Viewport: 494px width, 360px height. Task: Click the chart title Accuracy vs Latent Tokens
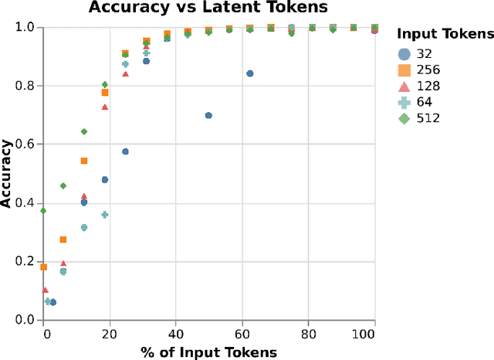tap(208, 8)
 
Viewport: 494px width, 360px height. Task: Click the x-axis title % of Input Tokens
tap(208, 352)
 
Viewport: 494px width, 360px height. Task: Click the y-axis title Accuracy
tap(7, 173)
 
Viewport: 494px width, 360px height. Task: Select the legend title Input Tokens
tap(445, 34)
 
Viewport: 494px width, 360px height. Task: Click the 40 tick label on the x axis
tap(177, 335)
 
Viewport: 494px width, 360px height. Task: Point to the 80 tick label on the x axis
tap(309, 335)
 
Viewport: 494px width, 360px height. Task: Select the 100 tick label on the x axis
tap(374, 335)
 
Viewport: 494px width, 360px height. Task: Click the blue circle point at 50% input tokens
tap(208, 115)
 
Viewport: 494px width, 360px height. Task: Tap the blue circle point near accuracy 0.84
tap(250, 73)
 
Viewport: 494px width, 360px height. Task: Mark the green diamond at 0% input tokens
tap(44, 210)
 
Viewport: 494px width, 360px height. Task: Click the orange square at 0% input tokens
tap(44, 267)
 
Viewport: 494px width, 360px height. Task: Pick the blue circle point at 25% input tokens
tap(126, 151)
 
